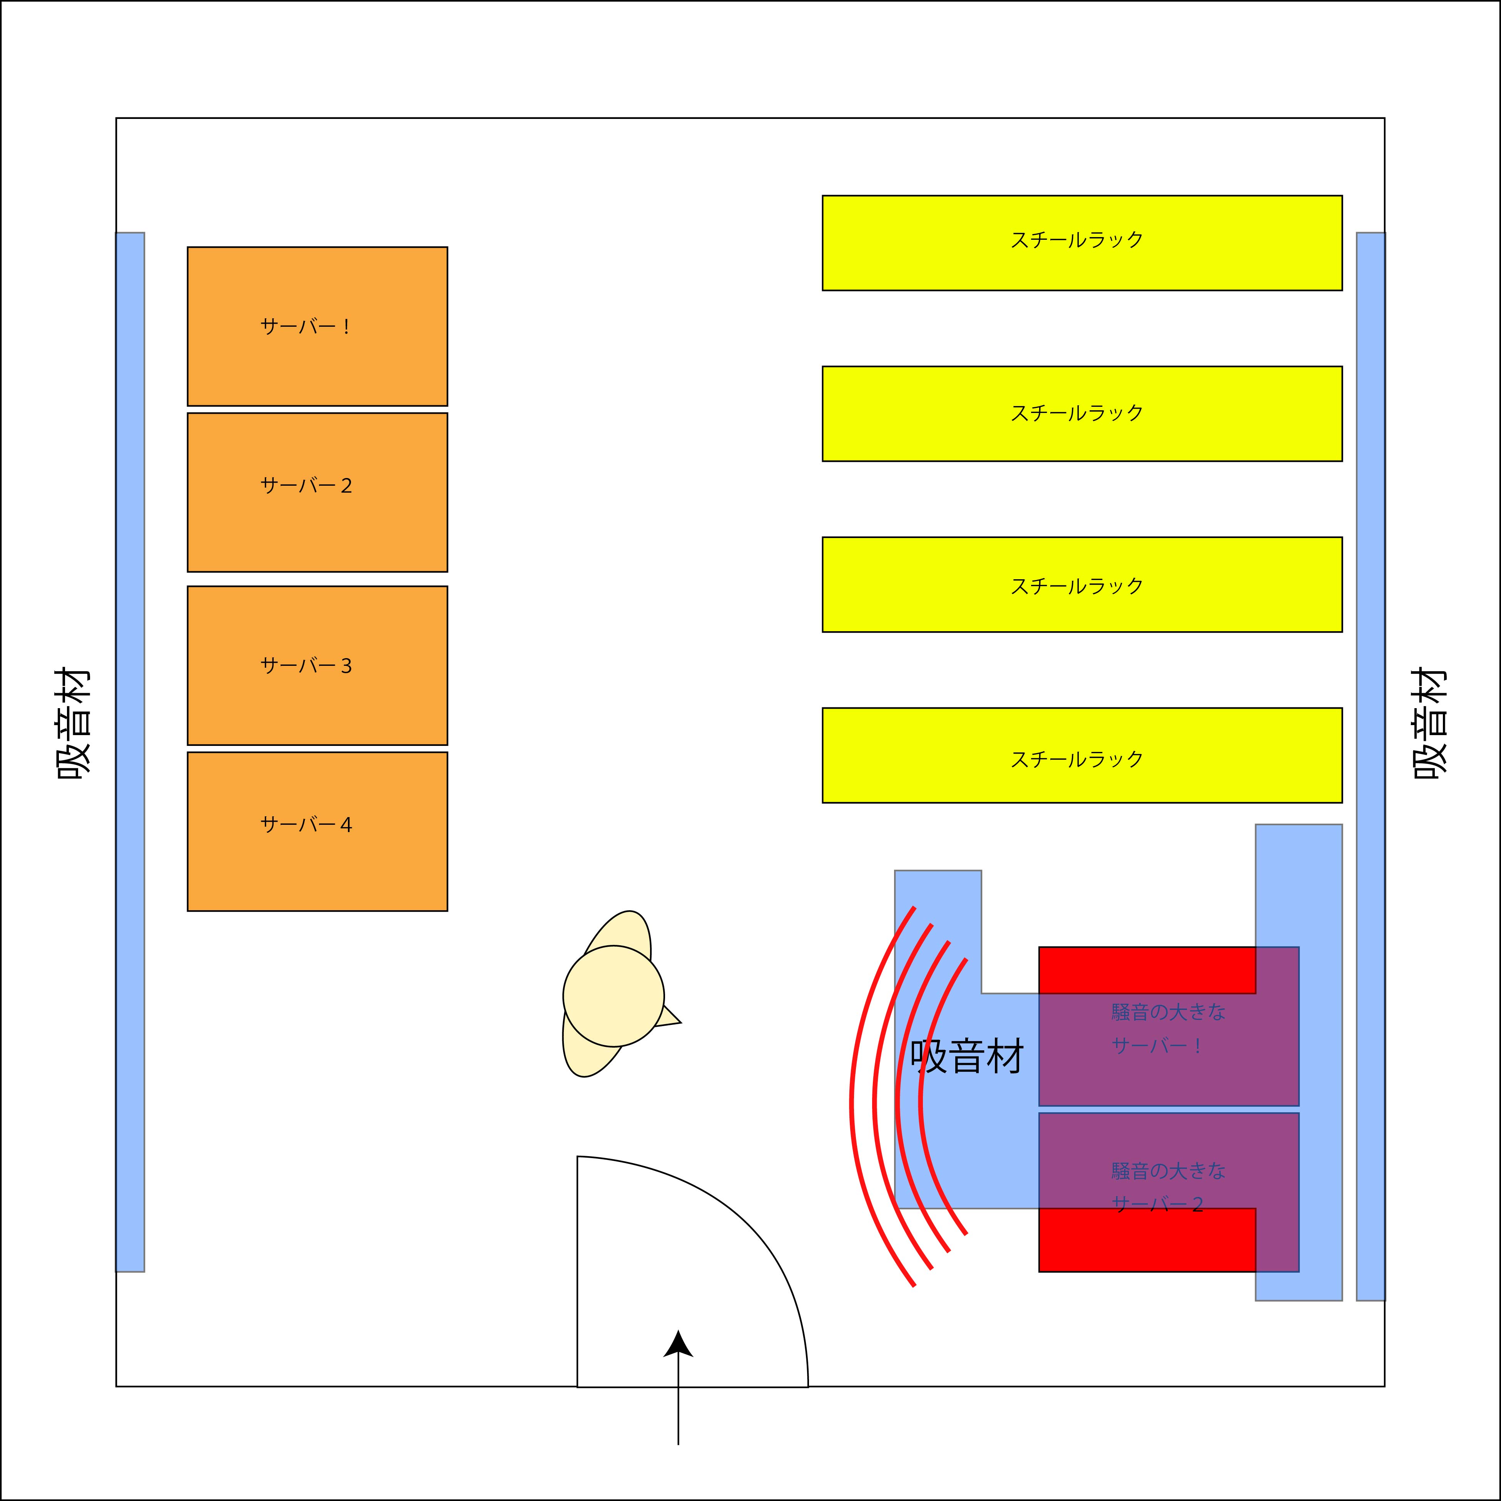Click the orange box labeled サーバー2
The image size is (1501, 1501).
pyautogui.click(x=317, y=493)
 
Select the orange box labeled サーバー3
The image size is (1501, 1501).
pyautogui.click(x=317, y=666)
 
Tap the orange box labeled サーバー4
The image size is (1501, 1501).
pyautogui.click(x=317, y=831)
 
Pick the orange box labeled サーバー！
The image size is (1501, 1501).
pyautogui.click(x=317, y=326)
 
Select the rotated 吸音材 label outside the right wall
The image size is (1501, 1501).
pyautogui.click(x=1429, y=722)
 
